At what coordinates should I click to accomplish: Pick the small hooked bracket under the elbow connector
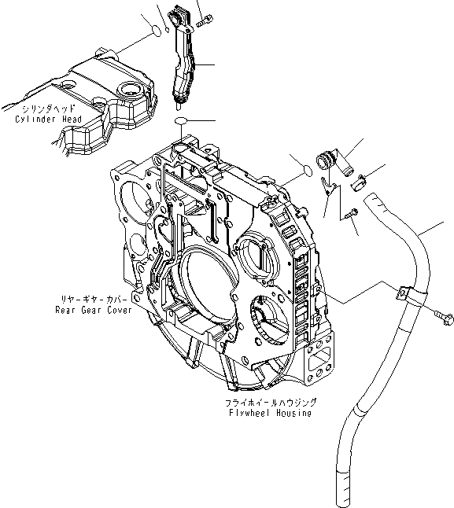(331, 186)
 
